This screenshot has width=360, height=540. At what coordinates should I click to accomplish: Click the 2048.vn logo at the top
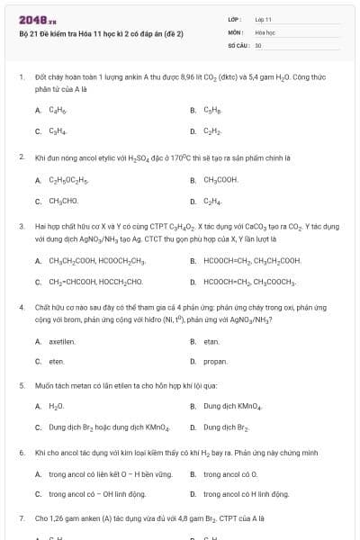[38, 20]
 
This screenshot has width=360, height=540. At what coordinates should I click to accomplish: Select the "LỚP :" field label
[234, 18]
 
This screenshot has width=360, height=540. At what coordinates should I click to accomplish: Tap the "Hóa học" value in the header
[264, 31]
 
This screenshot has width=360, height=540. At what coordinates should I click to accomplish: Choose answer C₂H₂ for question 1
[212, 131]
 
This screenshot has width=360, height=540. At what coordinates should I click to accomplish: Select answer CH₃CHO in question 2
[64, 201]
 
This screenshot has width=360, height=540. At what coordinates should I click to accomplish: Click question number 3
[21, 226]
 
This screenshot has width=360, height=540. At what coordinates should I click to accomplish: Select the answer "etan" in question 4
[211, 341]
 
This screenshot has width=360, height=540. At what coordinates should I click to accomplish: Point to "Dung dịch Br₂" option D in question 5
[224, 426]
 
